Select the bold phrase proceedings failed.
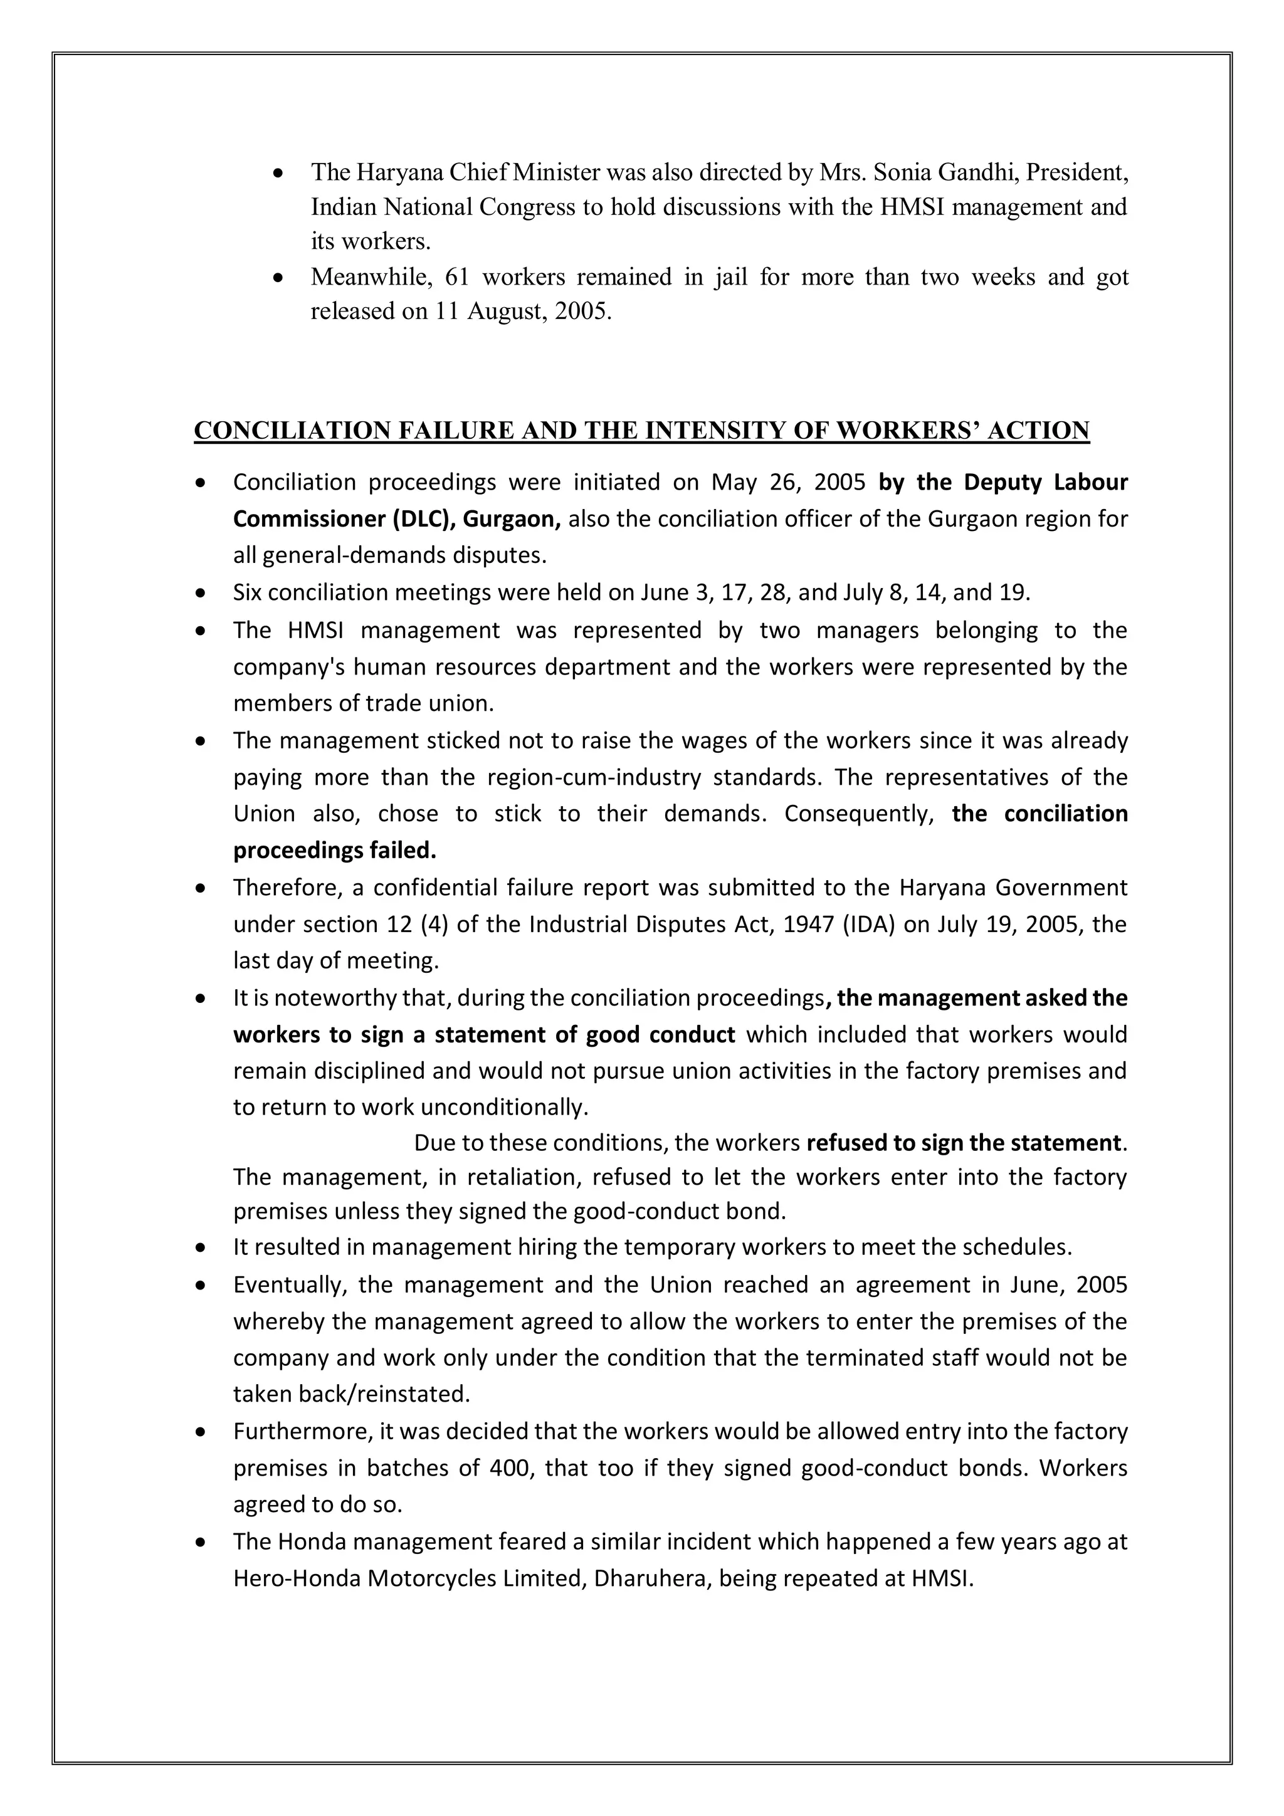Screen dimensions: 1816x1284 (335, 851)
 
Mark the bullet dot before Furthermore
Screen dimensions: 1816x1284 (202, 1432)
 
